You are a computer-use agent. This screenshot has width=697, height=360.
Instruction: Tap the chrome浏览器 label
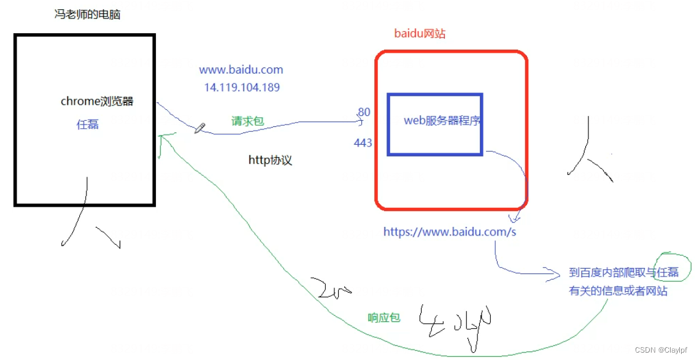coord(97,102)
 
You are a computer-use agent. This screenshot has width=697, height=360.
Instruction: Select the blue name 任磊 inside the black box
coord(87,124)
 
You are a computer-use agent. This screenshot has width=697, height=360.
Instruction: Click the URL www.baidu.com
coord(241,70)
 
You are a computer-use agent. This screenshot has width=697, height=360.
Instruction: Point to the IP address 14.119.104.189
coord(242,88)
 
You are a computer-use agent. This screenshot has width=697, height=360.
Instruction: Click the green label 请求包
coord(247,121)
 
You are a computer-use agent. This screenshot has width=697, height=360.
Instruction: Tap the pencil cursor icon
coord(200,128)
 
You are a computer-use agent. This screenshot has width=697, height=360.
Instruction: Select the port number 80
coord(364,112)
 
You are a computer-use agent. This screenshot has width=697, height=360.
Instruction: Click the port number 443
coord(363,143)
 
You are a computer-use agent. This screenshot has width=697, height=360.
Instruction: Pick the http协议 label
coord(270,161)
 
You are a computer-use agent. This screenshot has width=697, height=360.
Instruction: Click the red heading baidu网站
coord(420,34)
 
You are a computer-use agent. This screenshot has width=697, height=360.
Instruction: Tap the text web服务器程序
coord(442,121)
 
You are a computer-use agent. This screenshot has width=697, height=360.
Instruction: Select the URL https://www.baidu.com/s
coord(450,232)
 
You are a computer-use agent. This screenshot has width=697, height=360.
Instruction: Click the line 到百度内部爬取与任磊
coord(623,273)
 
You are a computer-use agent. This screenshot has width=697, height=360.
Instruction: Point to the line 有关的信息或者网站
coord(618,291)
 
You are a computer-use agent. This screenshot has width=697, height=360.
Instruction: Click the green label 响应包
coord(383,318)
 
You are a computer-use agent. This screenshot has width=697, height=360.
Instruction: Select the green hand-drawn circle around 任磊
coord(673,267)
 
